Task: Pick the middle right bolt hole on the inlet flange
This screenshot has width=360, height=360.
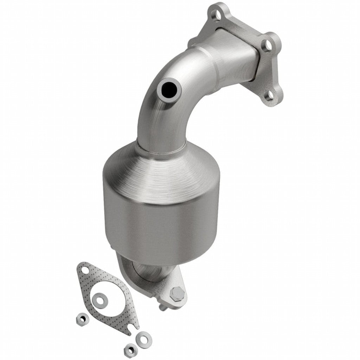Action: coord(268,45)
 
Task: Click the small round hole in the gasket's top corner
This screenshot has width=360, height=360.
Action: coord(84,270)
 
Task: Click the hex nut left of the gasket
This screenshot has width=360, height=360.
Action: coord(82,319)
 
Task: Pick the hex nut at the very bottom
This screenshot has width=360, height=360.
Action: coord(130,350)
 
